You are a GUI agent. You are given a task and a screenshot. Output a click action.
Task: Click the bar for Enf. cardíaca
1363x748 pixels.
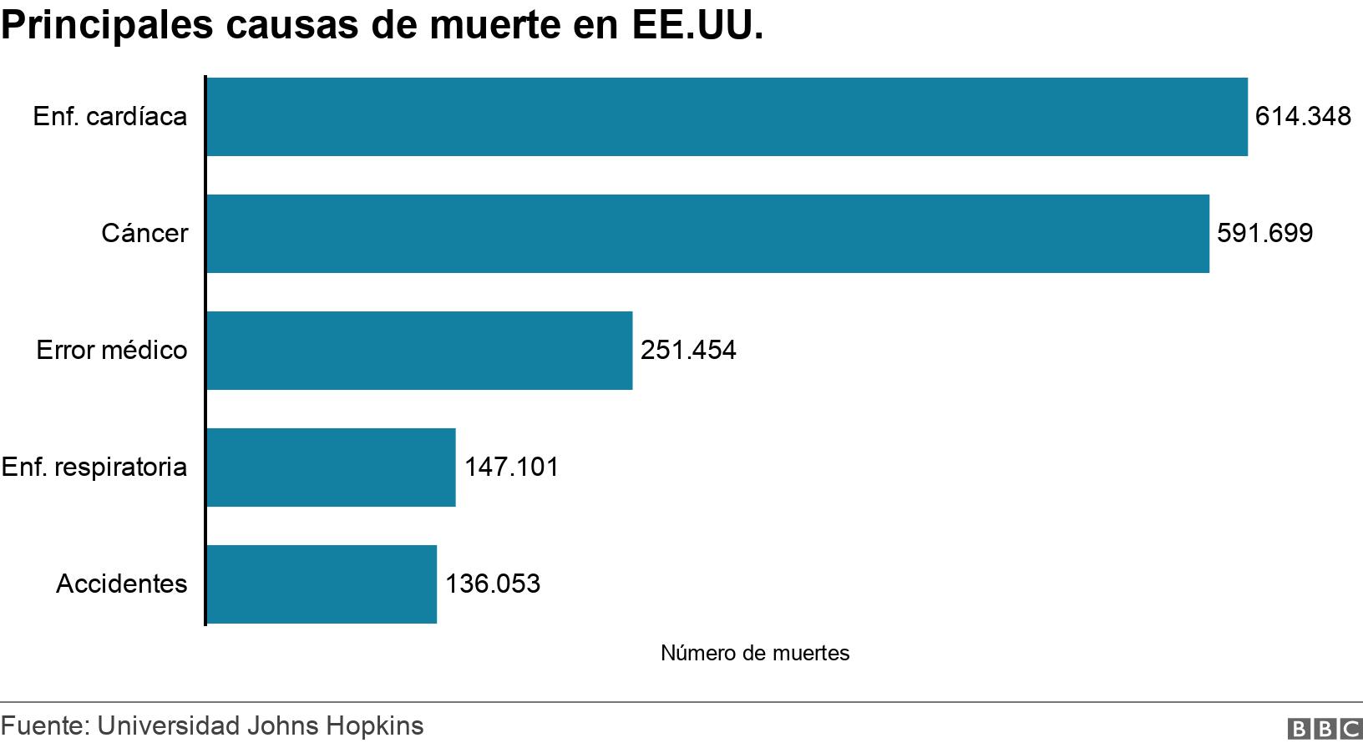pyautogui.click(x=727, y=117)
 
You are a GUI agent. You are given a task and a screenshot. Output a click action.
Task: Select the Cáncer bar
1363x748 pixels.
pyautogui.click(x=707, y=234)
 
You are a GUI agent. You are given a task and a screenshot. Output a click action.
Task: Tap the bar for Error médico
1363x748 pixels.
pyautogui.click(x=419, y=351)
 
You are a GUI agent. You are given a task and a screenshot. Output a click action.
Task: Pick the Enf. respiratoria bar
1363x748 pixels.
pyautogui.click(x=331, y=467)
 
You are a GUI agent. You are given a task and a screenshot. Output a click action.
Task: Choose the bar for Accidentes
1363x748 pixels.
pyautogui.click(x=322, y=584)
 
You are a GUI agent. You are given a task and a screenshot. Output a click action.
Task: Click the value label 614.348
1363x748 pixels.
pyautogui.click(x=1303, y=116)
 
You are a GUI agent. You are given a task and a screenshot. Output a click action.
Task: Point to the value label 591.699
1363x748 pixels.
pyautogui.click(x=1264, y=233)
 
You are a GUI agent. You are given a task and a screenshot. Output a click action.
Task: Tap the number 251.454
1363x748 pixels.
pyautogui.click(x=688, y=350)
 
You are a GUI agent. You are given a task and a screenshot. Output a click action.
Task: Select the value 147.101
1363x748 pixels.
pyautogui.click(x=511, y=467)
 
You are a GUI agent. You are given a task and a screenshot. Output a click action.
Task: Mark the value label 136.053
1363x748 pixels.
pyautogui.click(x=493, y=584)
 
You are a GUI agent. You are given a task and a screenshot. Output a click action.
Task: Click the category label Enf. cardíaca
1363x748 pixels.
pyautogui.click(x=110, y=116)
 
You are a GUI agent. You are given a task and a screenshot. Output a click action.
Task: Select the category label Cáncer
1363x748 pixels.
pyautogui.click(x=144, y=233)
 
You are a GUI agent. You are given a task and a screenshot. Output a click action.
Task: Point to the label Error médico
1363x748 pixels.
pyautogui.click(x=112, y=350)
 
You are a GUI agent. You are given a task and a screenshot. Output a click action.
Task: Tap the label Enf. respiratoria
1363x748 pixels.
pyautogui.click(x=94, y=467)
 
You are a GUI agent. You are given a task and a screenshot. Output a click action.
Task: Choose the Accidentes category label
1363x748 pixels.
pyautogui.click(x=122, y=584)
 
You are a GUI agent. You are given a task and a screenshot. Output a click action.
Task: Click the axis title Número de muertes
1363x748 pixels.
pyautogui.click(x=755, y=653)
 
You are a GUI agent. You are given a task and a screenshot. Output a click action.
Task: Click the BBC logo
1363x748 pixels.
pyautogui.click(x=1325, y=729)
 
